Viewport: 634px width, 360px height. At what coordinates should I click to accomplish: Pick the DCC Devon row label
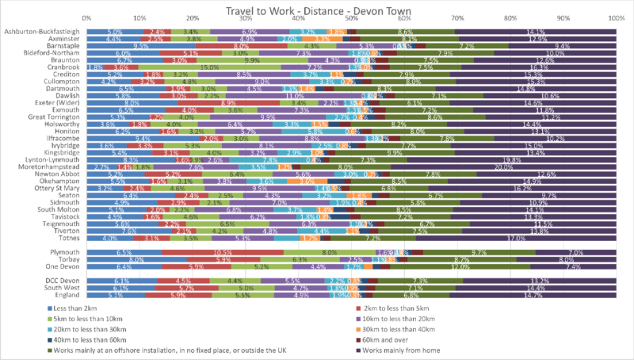pos(63,280)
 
